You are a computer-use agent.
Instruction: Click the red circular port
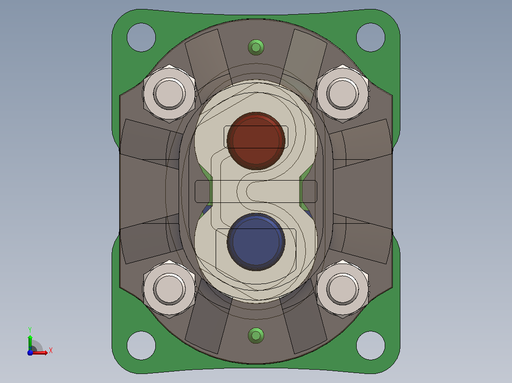tap(256, 141)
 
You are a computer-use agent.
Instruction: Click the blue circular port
tap(256, 242)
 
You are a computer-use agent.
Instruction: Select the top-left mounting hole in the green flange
tap(141, 37)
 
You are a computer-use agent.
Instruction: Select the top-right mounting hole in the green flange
tap(370, 37)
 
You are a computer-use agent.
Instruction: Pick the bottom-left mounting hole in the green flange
tap(141, 346)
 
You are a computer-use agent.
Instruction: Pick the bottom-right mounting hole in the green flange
tap(370, 346)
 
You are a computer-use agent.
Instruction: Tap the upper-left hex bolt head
tap(169, 93)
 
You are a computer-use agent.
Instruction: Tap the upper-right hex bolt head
tap(342, 93)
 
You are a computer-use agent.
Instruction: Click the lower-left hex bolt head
tap(169, 289)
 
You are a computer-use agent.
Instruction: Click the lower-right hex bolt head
tap(342, 289)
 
